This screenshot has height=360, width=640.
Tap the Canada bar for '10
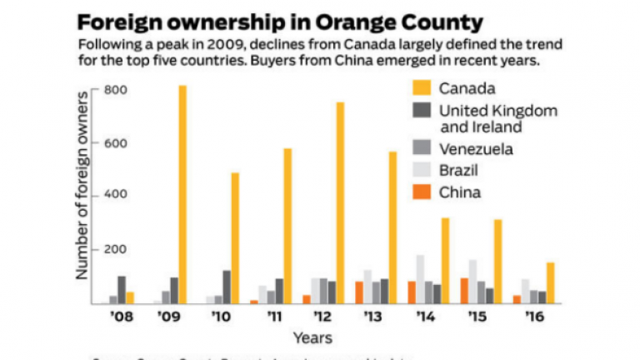[x=235, y=237]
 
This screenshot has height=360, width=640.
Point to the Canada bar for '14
[x=446, y=260]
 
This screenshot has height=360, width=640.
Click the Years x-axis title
[x=312, y=337]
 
